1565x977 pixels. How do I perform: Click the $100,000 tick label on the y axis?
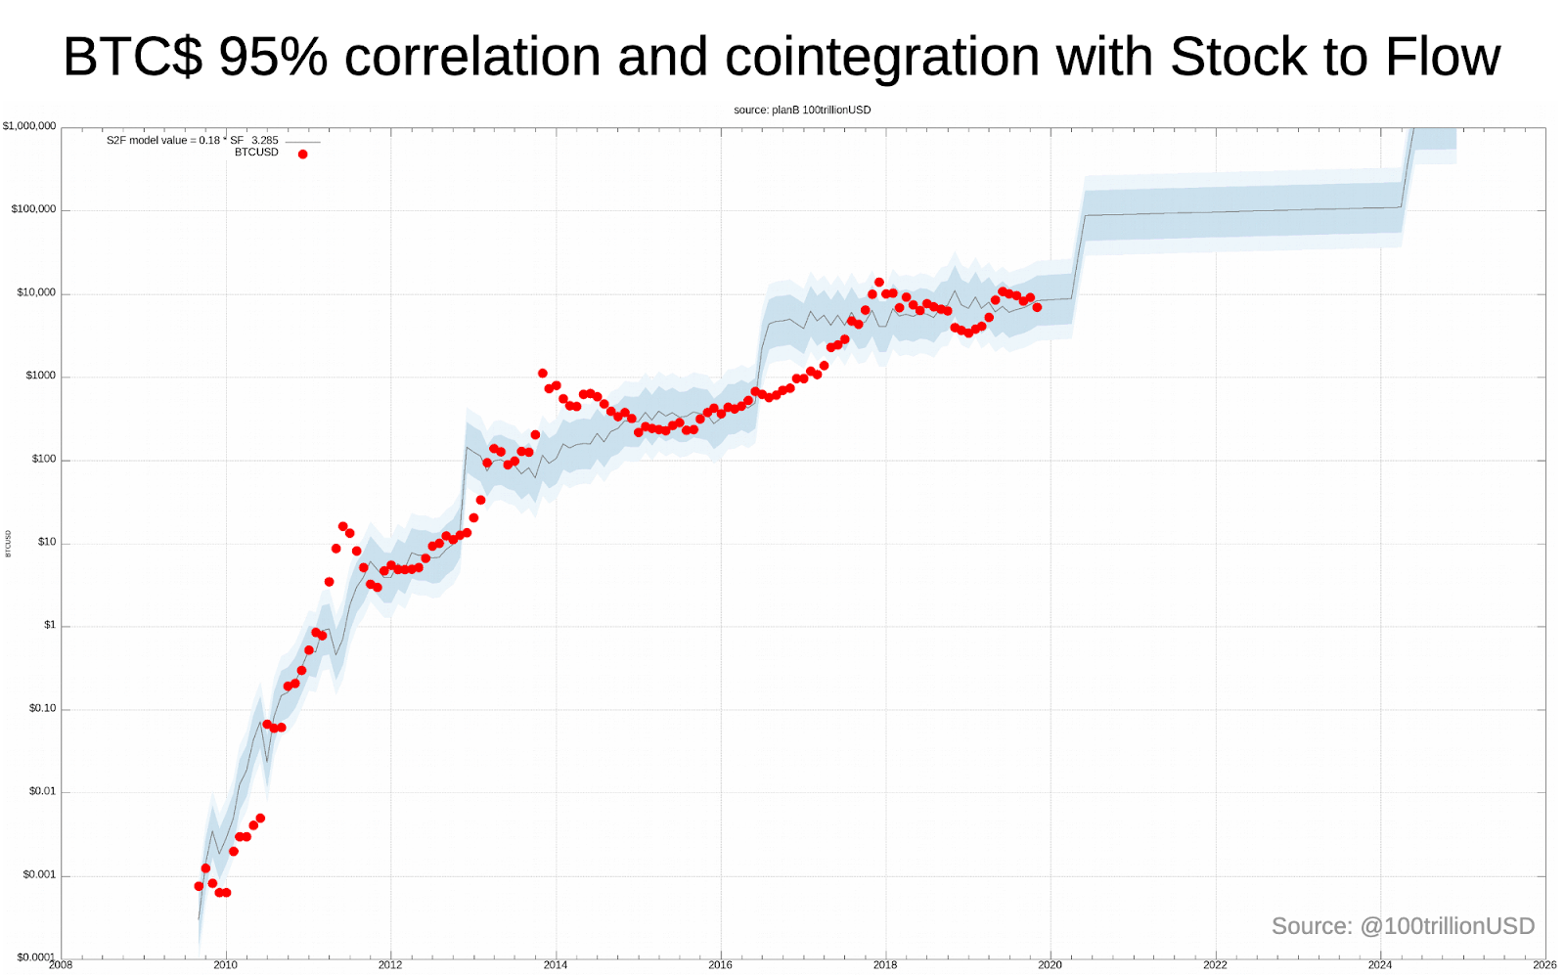point(33,209)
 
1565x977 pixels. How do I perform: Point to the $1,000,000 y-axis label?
point(29,126)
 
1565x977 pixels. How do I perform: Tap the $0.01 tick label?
point(42,791)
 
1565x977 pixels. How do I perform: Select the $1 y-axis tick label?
point(50,625)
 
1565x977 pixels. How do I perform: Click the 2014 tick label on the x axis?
point(556,965)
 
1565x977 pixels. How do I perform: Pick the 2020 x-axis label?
point(1050,965)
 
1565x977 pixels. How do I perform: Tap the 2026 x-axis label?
point(1544,965)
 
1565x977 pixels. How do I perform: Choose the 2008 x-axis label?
point(61,965)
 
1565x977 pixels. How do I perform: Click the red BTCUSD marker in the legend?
point(302,155)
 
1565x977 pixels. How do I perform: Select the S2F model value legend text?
point(192,141)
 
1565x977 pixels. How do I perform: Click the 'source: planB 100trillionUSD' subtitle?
point(802,110)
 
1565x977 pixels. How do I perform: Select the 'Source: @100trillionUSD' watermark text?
point(1403,926)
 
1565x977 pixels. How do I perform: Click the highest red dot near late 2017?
point(878,283)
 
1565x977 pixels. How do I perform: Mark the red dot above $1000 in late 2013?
point(543,374)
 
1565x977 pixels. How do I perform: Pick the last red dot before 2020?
point(1037,307)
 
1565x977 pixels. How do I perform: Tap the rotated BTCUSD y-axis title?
point(9,544)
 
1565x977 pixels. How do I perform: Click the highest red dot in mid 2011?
point(342,526)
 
